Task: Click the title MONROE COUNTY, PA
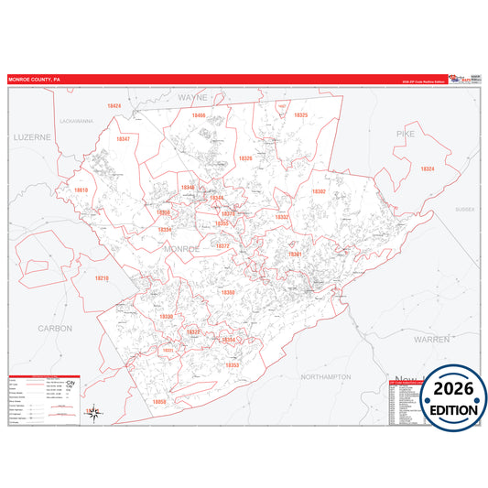(x=34, y=80)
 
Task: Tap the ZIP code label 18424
(x=114, y=106)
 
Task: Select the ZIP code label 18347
(x=124, y=139)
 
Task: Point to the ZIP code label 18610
(x=81, y=190)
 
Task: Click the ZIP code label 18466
(x=199, y=116)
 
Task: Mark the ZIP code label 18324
(x=427, y=168)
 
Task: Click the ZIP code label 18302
(x=319, y=191)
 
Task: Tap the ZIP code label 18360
(x=228, y=292)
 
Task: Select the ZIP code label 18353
(x=233, y=364)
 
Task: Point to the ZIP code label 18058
(x=159, y=402)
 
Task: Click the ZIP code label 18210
(x=103, y=277)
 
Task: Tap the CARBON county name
(x=55, y=327)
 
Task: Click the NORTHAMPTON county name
(x=326, y=376)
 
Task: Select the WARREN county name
(x=431, y=339)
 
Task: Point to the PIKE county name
(x=405, y=134)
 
